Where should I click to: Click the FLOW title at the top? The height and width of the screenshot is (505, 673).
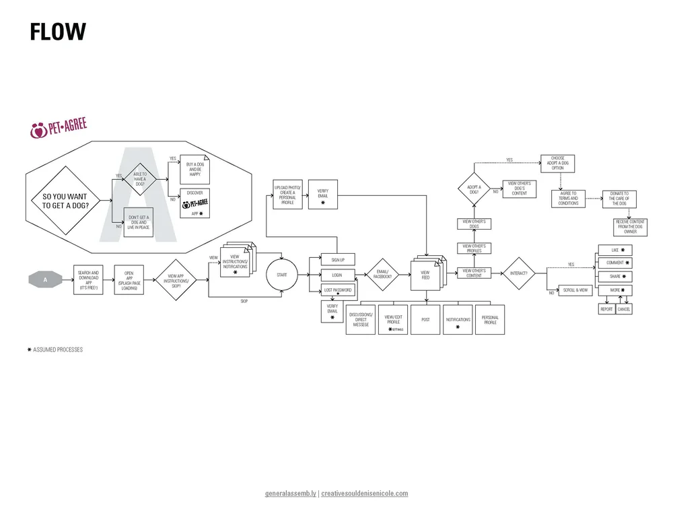(58, 32)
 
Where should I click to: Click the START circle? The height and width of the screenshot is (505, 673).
(282, 275)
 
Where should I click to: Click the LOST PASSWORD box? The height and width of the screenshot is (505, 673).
(337, 290)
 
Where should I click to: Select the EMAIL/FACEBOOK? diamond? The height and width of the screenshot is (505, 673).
(382, 275)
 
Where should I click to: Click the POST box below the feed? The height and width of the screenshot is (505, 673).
(425, 320)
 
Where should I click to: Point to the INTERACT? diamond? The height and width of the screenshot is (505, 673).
(518, 273)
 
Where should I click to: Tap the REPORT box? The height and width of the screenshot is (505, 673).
(606, 309)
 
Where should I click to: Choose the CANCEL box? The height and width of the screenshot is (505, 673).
(625, 309)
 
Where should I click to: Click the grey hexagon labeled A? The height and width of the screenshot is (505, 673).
(45, 279)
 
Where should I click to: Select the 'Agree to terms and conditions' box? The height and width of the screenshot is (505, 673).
(568, 199)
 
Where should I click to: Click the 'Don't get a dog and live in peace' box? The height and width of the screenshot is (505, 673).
(139, 223)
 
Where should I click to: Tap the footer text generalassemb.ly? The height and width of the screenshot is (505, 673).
(291, 493)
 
